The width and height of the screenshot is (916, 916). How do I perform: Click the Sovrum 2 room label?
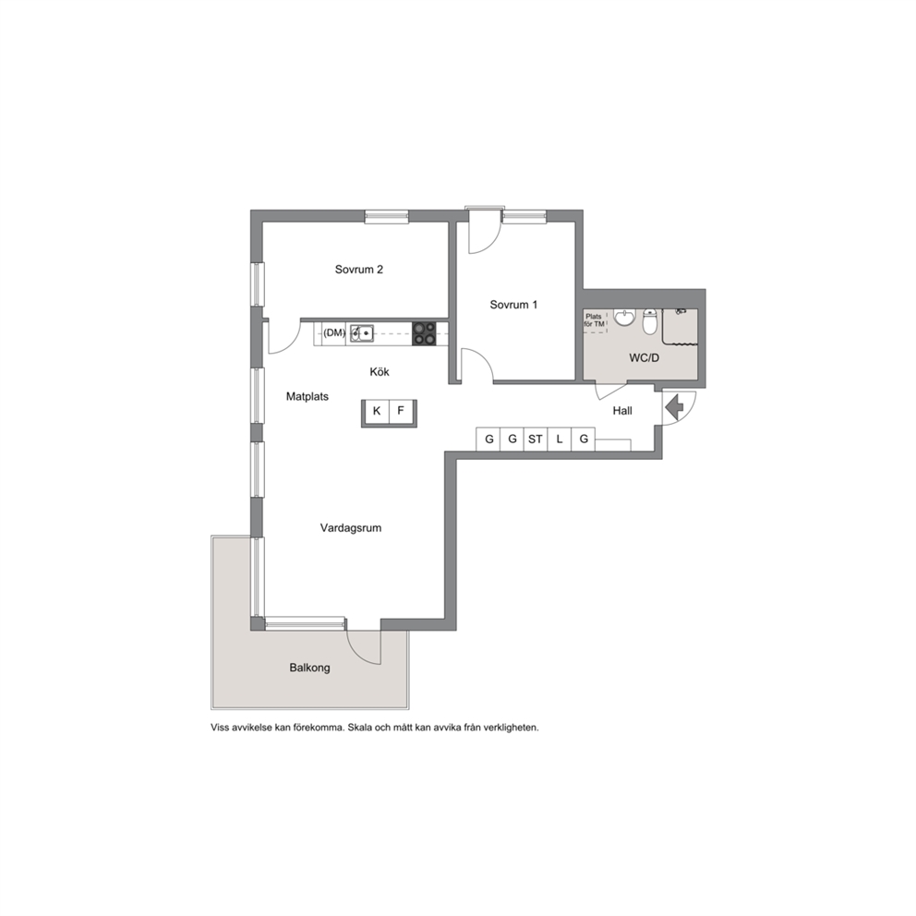(358, 270)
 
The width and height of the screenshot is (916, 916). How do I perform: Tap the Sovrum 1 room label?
(513, 305)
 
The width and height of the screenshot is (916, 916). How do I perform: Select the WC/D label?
(644, 358)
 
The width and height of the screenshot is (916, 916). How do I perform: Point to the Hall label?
(622, 411)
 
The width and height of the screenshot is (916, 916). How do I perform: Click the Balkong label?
(309, 668)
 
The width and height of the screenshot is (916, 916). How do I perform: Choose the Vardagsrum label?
(351, 528)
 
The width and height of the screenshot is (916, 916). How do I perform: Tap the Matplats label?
(307, 397)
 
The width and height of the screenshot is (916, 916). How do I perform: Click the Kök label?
(380, 371)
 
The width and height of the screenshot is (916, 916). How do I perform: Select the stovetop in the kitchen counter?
(424, 333)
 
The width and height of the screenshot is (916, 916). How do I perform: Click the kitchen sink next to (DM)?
(362, 333)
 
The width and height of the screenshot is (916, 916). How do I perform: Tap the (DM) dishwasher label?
(334, 333)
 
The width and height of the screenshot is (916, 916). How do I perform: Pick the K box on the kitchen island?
(377, 411)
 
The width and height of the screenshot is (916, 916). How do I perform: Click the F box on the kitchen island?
(401, 411)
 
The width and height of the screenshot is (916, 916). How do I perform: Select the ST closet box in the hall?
(536, 440)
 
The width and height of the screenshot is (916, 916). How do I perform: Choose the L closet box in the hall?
(560, 440)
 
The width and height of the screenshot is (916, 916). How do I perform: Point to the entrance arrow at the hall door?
(675, 407)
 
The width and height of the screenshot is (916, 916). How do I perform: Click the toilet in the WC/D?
(650, 321)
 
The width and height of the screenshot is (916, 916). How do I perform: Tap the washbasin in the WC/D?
(624, 318)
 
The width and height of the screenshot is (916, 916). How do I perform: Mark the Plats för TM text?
(594, 320)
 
